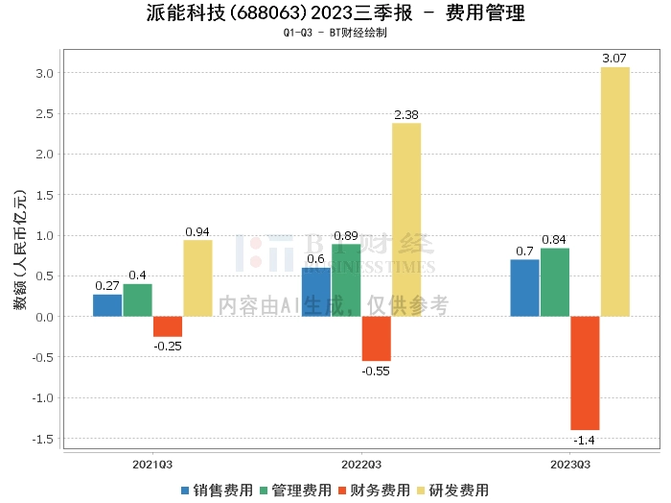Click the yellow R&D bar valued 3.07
click(x=615, y=192)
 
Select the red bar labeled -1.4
click(x=585, y=372)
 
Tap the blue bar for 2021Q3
click(x=107, y=305)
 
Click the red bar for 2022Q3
click(x=376, y=338)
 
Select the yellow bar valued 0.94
click(x=197, y=278)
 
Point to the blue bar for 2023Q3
click(x=524, y=288)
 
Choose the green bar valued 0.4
click(x=137, y=300)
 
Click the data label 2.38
click(x=405, y=115)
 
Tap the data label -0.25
click(x=168, y=345)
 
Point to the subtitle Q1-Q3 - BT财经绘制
click(x=335, y=34)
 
